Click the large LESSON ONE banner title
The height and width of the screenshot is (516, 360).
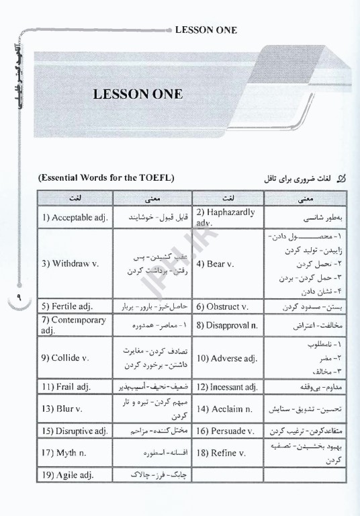tap(138, 94)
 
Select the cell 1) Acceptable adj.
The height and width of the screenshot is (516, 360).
tap(75, 218)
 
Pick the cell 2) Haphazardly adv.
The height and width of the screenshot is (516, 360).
tap(227, 217)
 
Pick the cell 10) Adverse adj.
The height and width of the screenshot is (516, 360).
tap(227, 358)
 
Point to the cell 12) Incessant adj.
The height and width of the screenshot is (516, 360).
tap(227, 387)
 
